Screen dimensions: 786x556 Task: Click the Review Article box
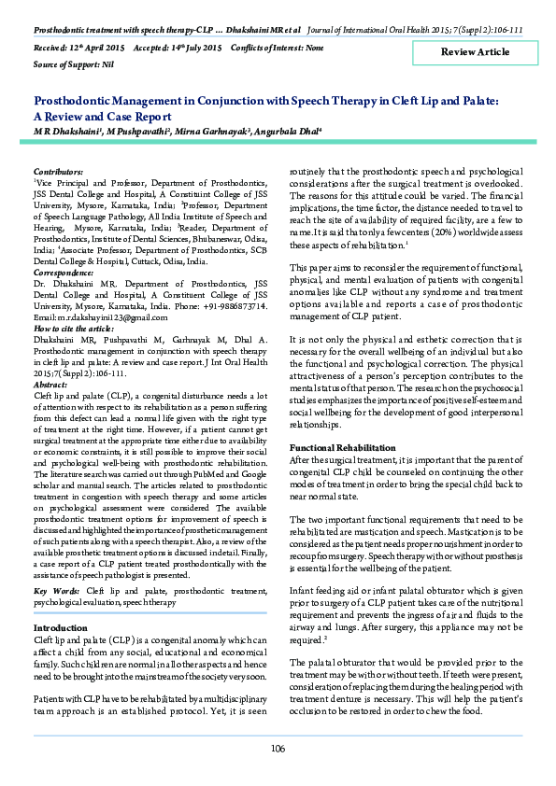click(x=475, y=52)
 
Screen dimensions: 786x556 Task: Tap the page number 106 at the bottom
click(x=278, y=749)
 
